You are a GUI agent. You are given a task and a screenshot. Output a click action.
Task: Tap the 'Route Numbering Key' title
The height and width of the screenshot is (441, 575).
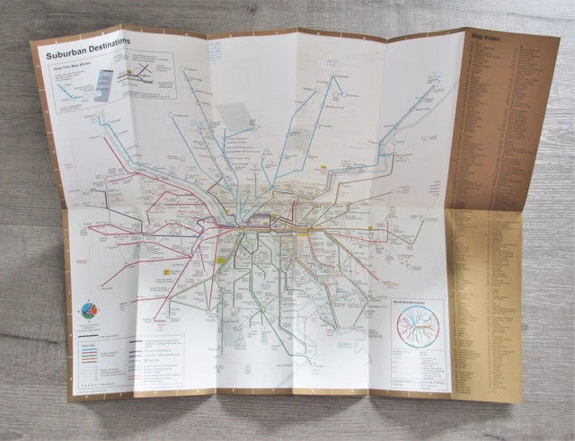click(x=417, y=304)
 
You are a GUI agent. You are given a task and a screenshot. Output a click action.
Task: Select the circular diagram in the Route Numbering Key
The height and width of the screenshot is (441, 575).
click(x=418, y=328)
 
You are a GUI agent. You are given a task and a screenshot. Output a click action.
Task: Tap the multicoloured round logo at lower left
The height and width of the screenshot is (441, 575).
click(x=88, y=310)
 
